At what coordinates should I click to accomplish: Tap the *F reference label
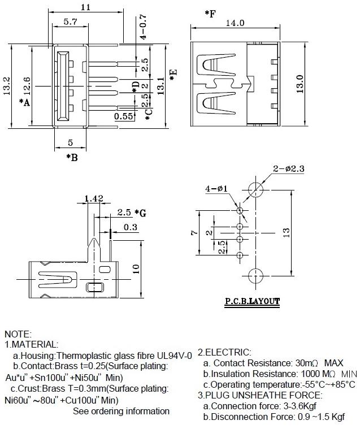tap(209, 12)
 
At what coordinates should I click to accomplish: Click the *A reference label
tap(24, 102)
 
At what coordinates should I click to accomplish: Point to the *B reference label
tap(72, 157)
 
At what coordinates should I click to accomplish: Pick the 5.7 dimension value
tap(71, 22)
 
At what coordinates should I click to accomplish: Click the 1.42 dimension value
tap(93, 198)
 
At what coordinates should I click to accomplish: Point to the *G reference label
tap(141, 213)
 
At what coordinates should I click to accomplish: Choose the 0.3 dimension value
tap(130, 227)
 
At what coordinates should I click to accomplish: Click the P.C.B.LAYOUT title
tap(251, 301)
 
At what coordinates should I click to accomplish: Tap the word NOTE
tap(18, 335)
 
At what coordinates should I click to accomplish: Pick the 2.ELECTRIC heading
tap(224, 352)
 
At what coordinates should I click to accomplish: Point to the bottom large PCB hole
tap(255, 276)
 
